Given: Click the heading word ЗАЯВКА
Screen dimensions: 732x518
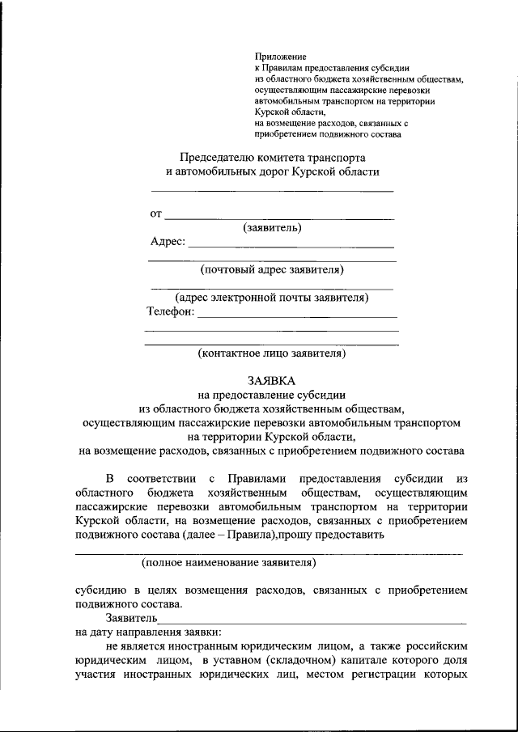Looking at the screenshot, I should [272, 380].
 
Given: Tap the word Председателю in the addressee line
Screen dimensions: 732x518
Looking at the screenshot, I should [219, 156].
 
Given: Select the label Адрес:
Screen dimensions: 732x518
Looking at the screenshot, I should [168, 241].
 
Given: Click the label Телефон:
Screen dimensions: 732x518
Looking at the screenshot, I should [171, 311].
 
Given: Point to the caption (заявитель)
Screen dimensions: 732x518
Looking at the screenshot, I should [272, 227].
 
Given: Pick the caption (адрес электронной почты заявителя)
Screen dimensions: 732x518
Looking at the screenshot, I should [272, 298].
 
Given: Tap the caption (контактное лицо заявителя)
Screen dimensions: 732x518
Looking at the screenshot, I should [272, 353].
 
